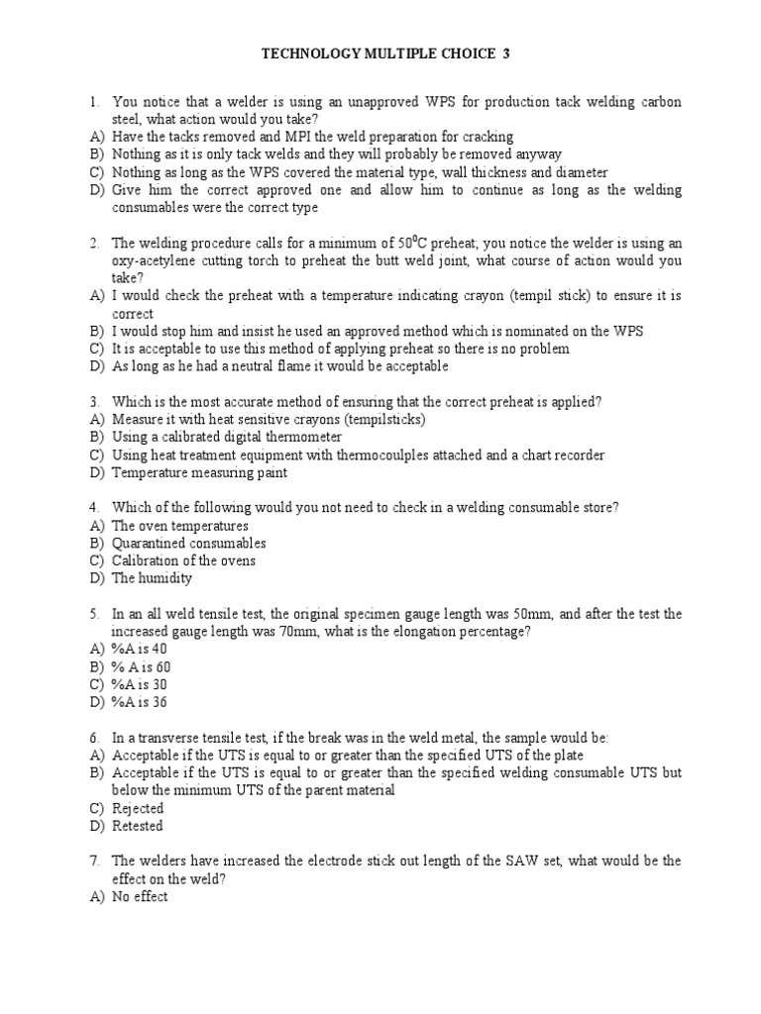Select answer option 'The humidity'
152,578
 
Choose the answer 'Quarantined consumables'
188,543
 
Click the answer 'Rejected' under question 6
138,808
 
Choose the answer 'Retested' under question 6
138,826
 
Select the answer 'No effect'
140,896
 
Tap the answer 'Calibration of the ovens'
183,560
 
